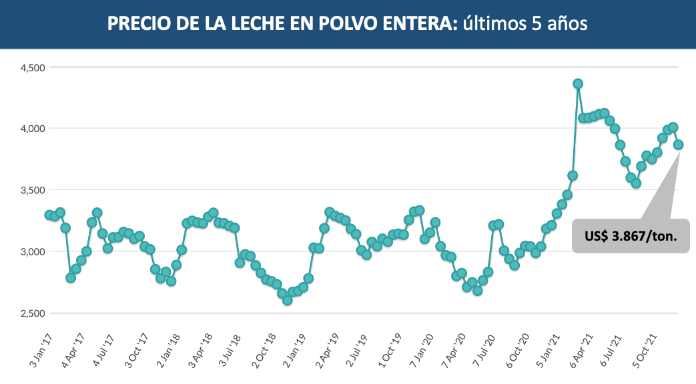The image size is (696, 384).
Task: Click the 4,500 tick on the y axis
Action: click(30, 67)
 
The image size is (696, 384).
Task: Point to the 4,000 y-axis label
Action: click(30, 128)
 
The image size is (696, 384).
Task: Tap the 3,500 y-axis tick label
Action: click(30, 190)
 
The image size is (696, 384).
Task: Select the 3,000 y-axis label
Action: click(30, 251)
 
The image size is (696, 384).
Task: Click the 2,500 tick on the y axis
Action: click(30, 313)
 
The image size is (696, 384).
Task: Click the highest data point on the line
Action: click(578, 83)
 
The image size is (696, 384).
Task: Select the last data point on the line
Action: click(678, 145)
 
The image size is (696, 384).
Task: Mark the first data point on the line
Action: click(49, 215)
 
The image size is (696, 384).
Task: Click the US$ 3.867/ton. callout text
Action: click(631, 237)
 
